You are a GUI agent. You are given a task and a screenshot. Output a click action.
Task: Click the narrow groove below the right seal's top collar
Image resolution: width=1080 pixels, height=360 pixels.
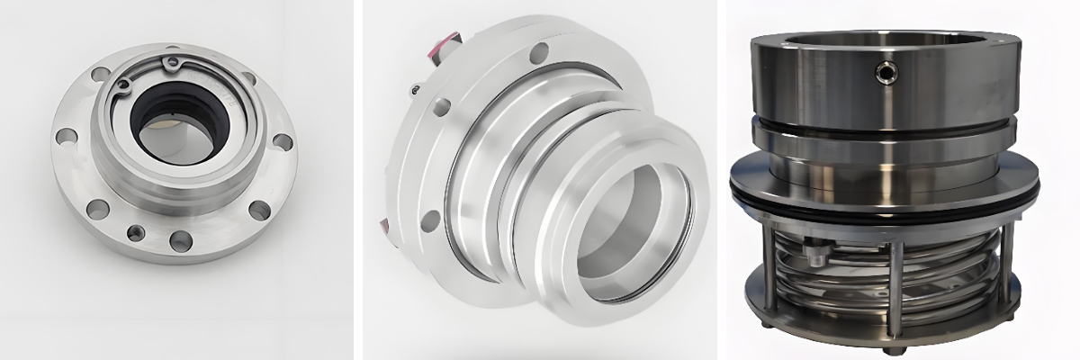point(886,120)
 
